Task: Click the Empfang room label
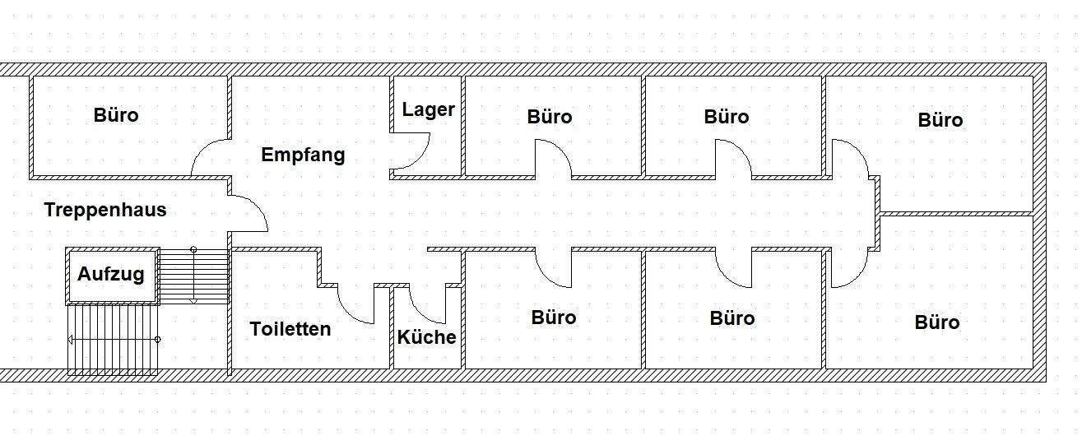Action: coord(303,155)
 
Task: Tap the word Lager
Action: coord(428,109)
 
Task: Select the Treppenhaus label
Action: coord(105,210)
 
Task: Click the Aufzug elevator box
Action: coord(111,275)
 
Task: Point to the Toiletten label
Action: coord(290,329)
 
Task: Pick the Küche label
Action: coord(426,337)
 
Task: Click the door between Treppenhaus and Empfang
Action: coord(248,213)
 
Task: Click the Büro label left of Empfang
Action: coord(116,115)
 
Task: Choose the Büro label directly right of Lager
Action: coord(550,117)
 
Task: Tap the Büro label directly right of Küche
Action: coord(554,318)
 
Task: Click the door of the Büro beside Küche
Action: coord(554,268)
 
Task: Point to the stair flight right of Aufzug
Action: coord(193,276)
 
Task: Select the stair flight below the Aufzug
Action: coord(113,339)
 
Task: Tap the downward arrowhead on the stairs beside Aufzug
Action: coord(193,300)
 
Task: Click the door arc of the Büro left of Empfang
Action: coord(209,157)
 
